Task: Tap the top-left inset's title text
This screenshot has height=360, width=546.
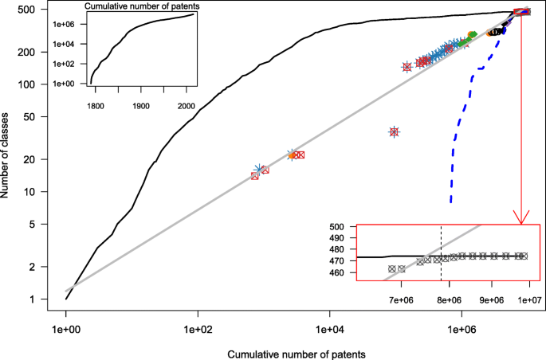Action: [142, 6]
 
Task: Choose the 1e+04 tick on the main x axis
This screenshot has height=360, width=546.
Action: [329, 327]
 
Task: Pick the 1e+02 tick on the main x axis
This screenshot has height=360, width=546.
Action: [198, 327]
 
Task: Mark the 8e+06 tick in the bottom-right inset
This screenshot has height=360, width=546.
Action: [449, 300]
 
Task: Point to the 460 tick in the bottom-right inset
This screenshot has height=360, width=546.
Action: [343, 273]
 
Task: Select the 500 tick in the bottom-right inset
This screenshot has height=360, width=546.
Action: [343, 227]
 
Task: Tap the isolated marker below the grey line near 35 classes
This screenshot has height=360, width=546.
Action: [394, 131]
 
